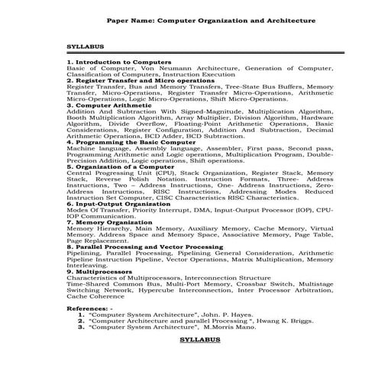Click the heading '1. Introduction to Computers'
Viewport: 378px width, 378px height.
118,60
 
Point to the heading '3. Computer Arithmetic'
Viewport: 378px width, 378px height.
108,105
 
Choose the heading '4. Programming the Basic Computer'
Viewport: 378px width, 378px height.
131,142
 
